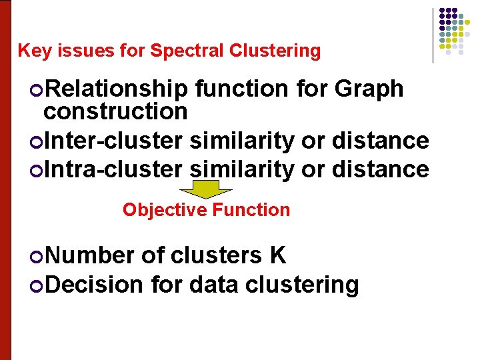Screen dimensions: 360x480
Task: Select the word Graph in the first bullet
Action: (370, 89)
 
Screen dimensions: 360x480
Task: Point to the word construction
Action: (115, 111)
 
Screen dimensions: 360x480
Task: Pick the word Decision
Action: (94, 285)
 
